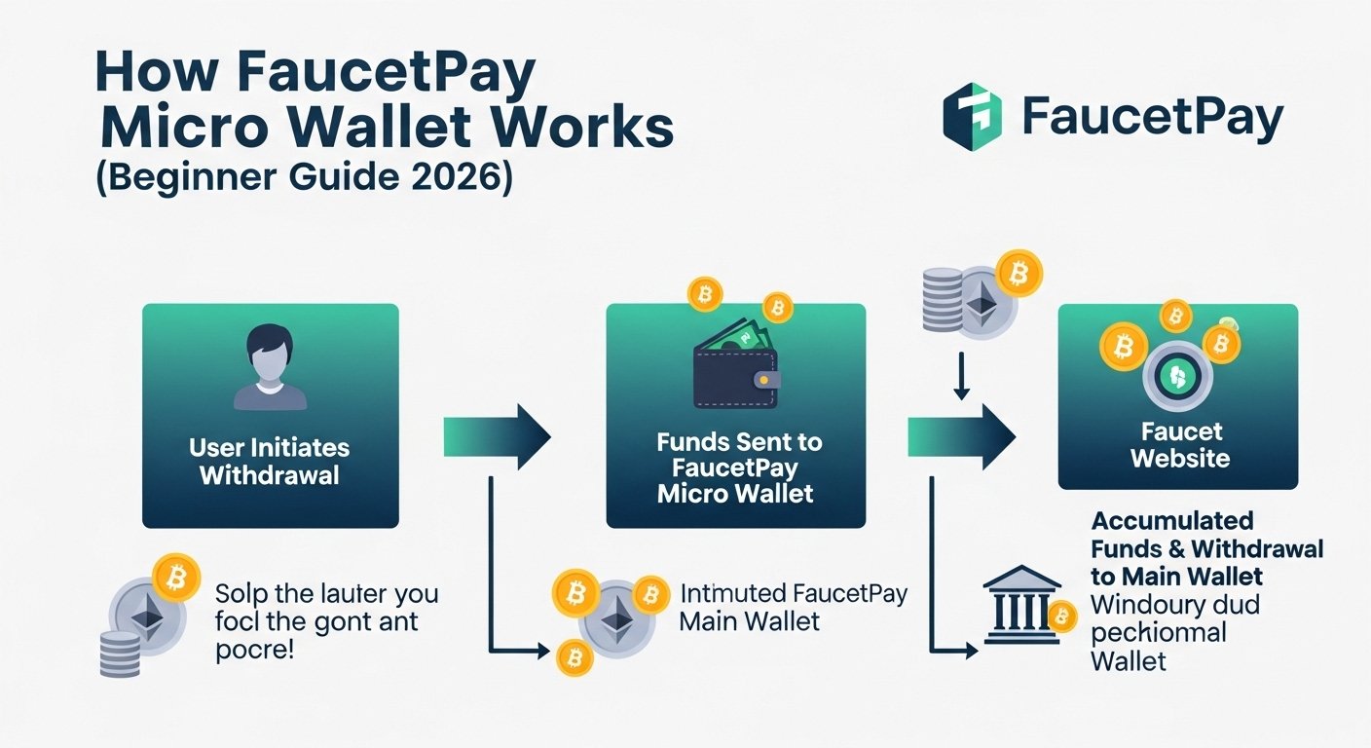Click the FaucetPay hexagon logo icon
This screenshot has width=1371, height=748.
[972, 116]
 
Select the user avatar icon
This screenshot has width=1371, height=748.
[270, 367]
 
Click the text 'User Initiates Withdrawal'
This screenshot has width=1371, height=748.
[270, 462]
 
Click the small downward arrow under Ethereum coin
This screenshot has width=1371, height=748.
[961, 376]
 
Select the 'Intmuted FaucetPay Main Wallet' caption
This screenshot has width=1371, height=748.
[793, 606]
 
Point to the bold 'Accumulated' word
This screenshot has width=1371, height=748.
[1172, 521]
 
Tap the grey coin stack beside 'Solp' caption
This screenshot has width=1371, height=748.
[120, 653]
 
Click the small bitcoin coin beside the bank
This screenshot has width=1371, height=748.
[1061, 616]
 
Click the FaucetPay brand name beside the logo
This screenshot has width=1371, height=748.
[1154, 117]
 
